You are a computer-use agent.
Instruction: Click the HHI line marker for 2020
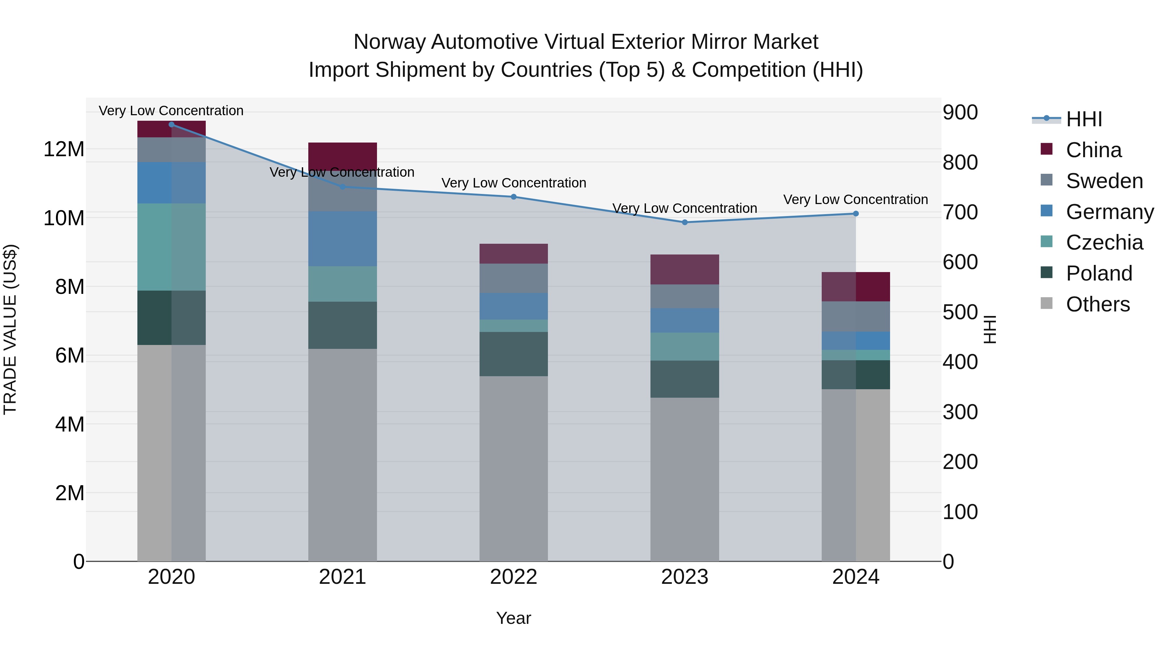(x=172, y=125)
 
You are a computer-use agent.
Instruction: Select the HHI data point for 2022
(x=514, y=197)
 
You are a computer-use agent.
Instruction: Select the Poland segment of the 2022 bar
(x=514, y=354)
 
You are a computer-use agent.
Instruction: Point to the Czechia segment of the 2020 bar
(x=172, y=247)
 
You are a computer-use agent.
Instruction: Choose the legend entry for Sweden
(x=1104, y=181)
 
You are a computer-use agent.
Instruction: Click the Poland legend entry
(x=1099, y=273)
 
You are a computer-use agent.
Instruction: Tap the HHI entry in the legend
(x=1084, y=119)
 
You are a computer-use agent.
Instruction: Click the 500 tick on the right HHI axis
(x=960, y=312)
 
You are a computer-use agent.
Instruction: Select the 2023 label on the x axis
(x=685, y=577)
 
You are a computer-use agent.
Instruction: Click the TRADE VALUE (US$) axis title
(x=10, y=329)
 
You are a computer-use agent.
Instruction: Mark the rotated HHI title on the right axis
(x=990, y=329)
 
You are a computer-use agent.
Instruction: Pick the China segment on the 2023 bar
(x=685, y=269)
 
